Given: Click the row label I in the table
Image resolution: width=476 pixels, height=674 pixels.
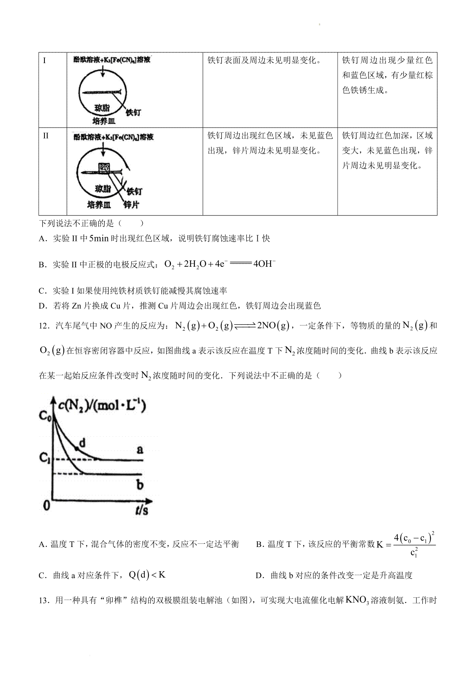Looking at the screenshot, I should click(44, 61).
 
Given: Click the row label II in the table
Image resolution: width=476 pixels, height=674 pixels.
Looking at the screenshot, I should click(45, 136).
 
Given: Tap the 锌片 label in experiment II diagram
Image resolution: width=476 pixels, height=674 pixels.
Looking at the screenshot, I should click(132, 204).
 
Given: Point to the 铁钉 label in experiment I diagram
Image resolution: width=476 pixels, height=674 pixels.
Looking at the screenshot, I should click(133, 112).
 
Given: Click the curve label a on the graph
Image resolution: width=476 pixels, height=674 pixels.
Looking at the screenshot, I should click(140, 450).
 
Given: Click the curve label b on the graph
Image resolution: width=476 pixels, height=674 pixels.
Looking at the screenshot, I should click(140, 485).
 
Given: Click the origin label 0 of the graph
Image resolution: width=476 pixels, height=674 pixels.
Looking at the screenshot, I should click(46, 505).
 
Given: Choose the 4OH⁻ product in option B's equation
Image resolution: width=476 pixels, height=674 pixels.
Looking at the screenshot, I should click(264, 264).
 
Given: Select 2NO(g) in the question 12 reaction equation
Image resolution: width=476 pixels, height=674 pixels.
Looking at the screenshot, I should click(274, 326).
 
